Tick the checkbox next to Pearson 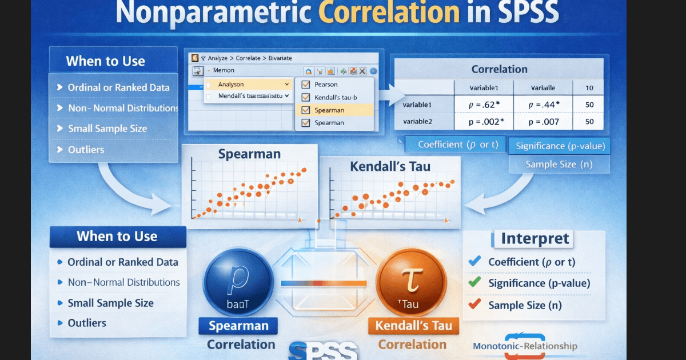click(x=306, y=85)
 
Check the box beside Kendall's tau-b click(x=306, y=97)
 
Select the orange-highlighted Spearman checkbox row click(x=334, y=110)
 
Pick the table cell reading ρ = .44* click(x=544, y=105)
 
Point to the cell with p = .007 click(x=544, y=122)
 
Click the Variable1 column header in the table click(x=484, y=88)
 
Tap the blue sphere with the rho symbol click(x=237, y=282)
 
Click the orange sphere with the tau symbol click(x=411, y=282)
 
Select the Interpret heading click(x=535, y=238)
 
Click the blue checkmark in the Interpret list click(x=474, y=262)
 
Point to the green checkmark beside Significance click(x=474, y=282)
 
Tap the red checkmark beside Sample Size click(x=474, y=305)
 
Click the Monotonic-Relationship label click(x=525, y=346)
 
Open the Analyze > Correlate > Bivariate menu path click(x=249, y=58)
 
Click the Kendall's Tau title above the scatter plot click(x=390, y=167)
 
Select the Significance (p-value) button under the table click(x=560, y=146)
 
